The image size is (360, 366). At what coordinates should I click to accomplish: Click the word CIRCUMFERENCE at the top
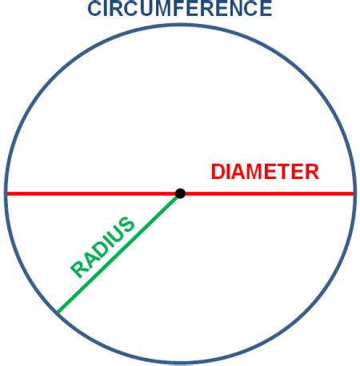pyautogui.click(x=179, y=9)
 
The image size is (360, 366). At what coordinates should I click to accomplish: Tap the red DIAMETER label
pyautogui.click(x=265, y=172)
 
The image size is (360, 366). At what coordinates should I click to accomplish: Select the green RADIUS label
pyautogui.click(x=103, y=247)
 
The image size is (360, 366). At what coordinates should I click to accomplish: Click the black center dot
pyautogui.click(x=181, y=193)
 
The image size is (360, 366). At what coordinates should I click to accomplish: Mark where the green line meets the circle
pyautogui.click(x=56, y=312)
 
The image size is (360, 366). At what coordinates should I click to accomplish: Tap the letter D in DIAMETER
pyautogui.click(x=218, y=172)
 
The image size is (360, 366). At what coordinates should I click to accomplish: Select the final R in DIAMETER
pyautogui.click(x=312, y=172)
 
